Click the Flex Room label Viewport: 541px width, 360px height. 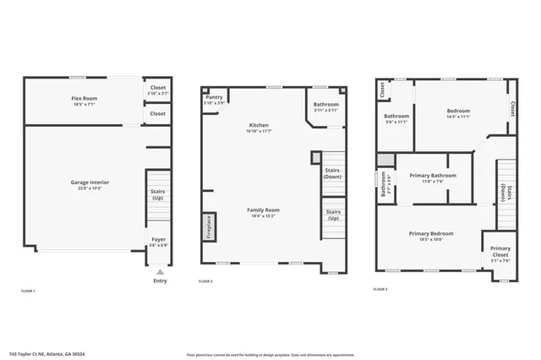tap(84, 99)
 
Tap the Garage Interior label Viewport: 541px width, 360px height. tap(84, 183)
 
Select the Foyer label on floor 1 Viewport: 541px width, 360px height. tap(158, 239)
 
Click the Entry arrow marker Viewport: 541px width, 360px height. tap(160, 272)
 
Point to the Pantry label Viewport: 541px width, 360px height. tap(215, 97)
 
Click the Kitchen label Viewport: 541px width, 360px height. tap(259, 125)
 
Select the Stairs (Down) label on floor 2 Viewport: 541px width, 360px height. tap(332, 172)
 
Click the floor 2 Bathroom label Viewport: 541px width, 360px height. tap(325, 106)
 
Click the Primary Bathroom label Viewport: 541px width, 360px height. tap(433, 175)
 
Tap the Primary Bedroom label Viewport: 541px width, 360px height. tap(431, 233)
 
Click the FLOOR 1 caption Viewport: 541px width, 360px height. tap(28, 291)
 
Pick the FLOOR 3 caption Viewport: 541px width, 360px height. tap(380, 289)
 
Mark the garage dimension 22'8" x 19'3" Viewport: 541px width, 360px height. tap(84, 188)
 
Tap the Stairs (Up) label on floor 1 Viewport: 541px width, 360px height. tap(157, 195)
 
